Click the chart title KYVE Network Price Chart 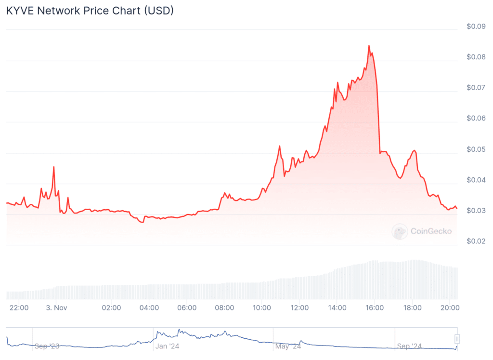pos(90,11)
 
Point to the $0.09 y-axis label pos(476,27)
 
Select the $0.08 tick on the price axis pos(476,57)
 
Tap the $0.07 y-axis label pos(476,88)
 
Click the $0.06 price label pos(476,119)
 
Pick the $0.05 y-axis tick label pos(476,149)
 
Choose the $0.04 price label pos(476,180)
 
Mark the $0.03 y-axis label pos(476,211)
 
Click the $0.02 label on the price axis pos(476,241)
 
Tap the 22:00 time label pos(19,307)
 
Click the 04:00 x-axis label pos(149,307)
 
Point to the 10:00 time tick pos(261,307)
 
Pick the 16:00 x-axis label pos(374,307)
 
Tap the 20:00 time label pos(449,307)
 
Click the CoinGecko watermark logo pos(400,232)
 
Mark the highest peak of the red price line pos(369,46)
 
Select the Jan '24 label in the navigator pos(167,346)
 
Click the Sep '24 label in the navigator pos(410,346)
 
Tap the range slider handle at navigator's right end pos(457,339)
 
